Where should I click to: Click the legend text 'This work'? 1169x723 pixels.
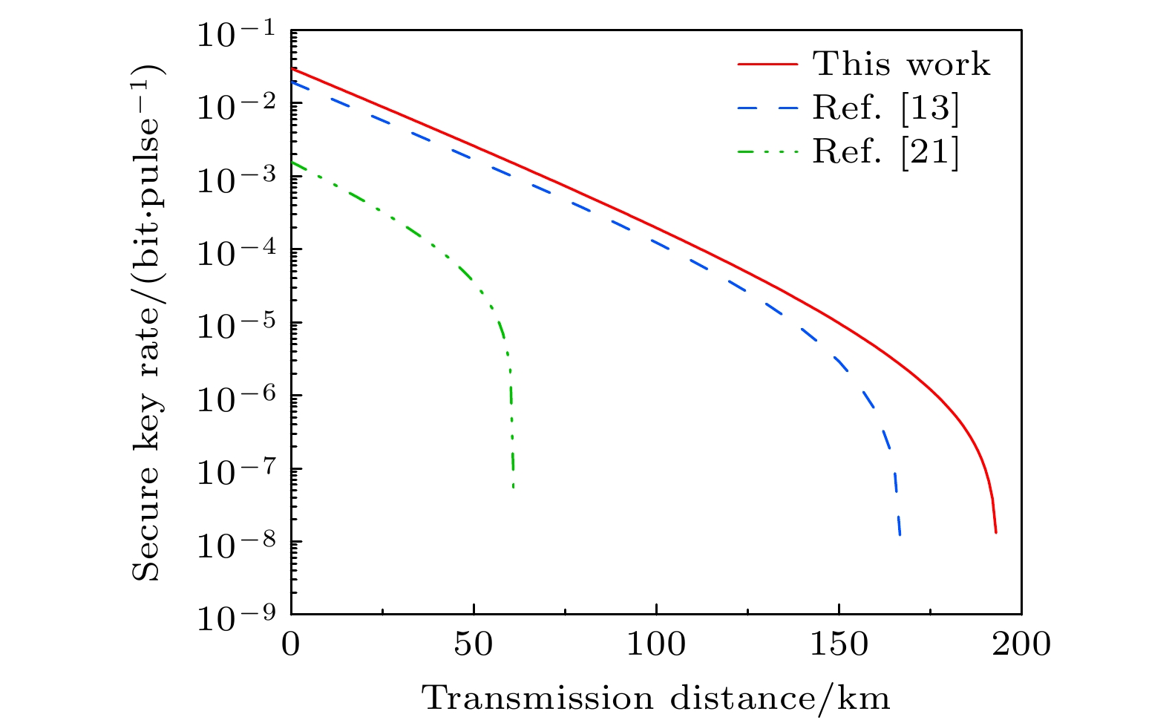click(901, 65)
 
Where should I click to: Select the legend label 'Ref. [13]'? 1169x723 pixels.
click(885, 108)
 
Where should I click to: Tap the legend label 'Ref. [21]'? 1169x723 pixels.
click(885, 152)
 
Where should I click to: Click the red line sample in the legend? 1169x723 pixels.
click(767, 65)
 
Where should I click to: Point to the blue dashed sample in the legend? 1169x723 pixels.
click(767, 108)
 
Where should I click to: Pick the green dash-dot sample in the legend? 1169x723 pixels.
click(767, 152)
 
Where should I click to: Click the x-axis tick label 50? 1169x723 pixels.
click(474, 644)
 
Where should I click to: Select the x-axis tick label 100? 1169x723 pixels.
click(656, 644)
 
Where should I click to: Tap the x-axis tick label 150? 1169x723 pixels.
click(839, 644)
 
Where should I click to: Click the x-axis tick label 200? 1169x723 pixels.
click(1021, 644)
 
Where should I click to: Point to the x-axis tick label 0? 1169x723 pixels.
click(291, 644)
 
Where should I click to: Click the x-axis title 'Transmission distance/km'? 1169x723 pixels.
click(656, 699)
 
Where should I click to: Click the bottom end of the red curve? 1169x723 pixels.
click(995, 532)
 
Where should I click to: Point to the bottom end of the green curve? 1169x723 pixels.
click(514, 487)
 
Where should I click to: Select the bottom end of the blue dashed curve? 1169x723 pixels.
click(900, 534)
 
